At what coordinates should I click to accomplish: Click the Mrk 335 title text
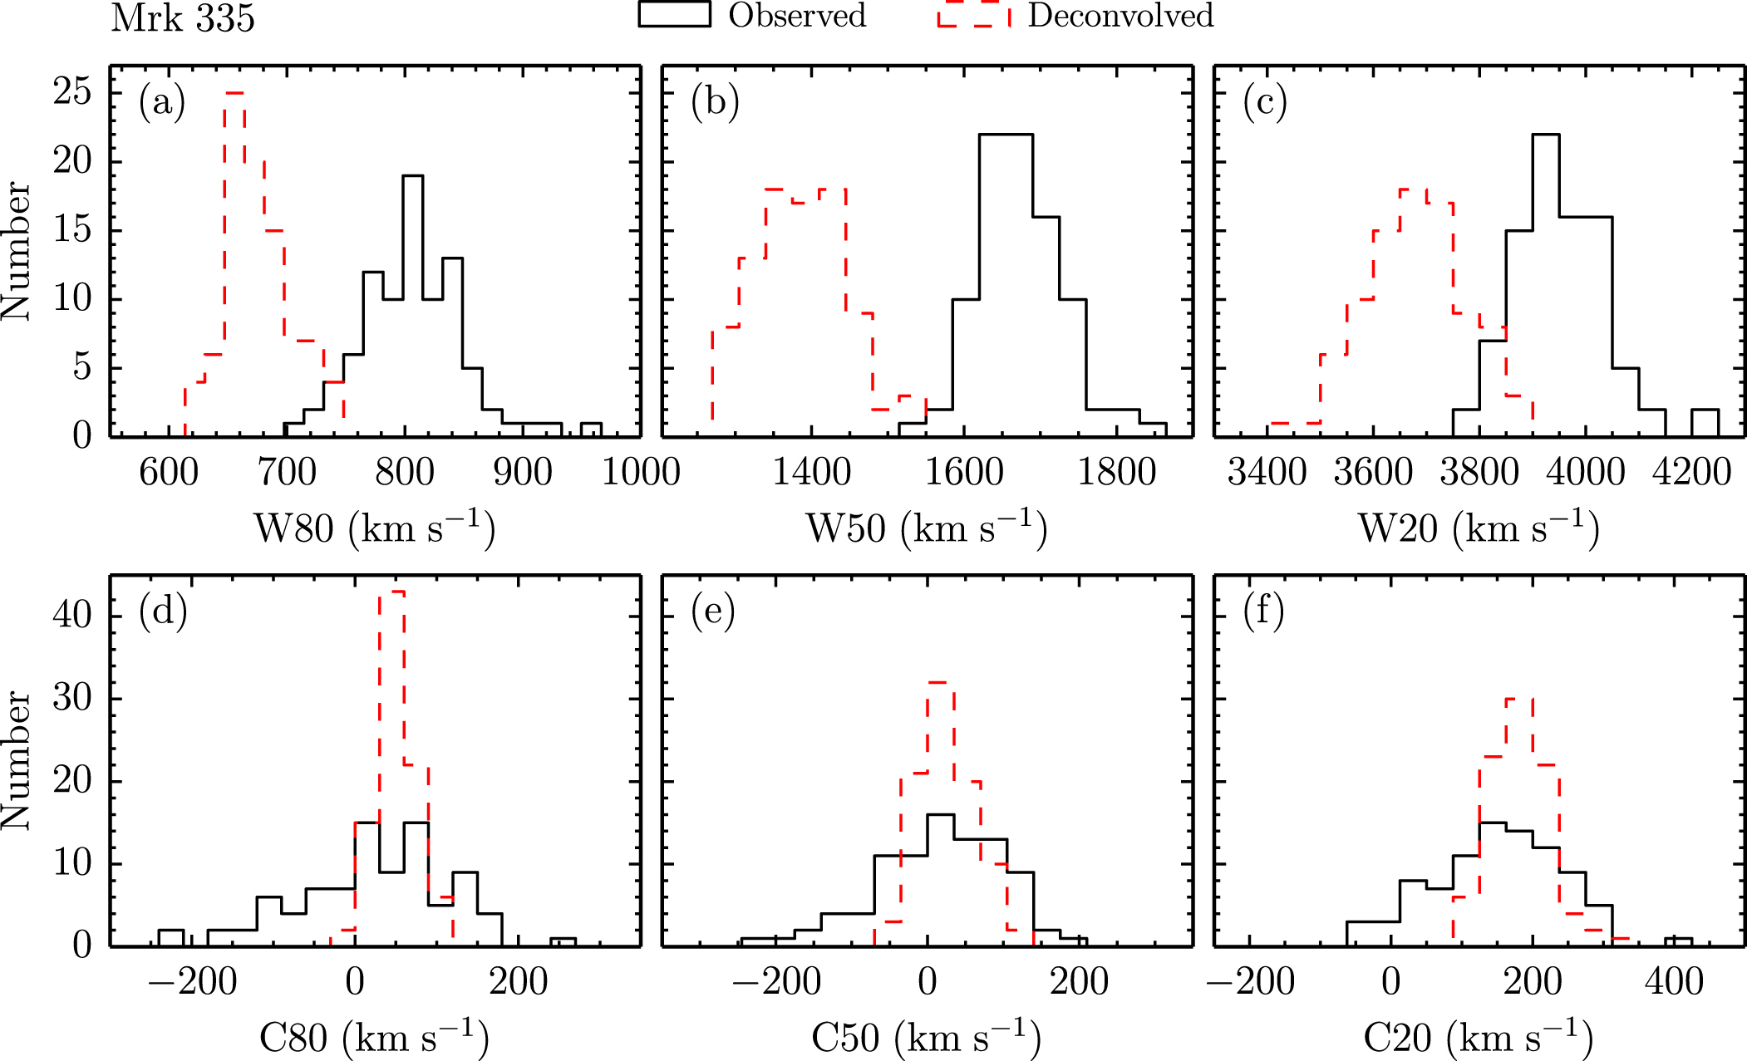(x=183, y=18)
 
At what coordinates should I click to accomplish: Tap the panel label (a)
(x=162, y=102)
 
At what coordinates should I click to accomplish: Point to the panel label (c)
(x=1265, y=102)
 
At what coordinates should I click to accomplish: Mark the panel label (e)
(x=713, y=612)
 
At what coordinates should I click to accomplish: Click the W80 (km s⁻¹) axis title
(x=374, y=528)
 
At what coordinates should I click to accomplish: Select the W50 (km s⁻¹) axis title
(x=926, y=528)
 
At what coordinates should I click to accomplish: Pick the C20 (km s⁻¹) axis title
(x=1478, y=1037)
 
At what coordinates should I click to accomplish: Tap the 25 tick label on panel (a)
(x=72, y=91)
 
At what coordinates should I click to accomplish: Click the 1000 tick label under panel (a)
(x=641, y=474)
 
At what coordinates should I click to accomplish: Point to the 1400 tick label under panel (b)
(x=811, y=474)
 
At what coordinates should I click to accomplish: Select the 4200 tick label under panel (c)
(x=1691, y=474)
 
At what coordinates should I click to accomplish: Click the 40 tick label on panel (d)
(x=72, y=616)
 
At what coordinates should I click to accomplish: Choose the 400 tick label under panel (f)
(x=1674, y=983)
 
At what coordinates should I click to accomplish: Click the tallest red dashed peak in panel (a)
(x=234, y=94)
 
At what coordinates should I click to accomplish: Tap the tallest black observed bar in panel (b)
(x=1006, y=135)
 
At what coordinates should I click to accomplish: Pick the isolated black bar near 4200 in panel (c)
(x=1705, y=421)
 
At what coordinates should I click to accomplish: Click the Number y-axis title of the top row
(x=17, y=251)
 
